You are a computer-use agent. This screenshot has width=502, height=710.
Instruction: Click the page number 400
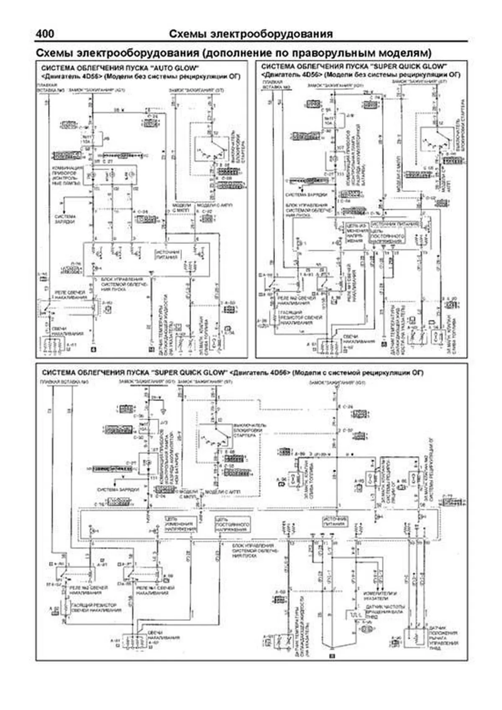point(45,34)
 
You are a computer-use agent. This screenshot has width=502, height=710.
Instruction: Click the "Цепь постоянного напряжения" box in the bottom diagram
point(232,524)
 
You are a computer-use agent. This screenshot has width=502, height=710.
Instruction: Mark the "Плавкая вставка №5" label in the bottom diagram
point(58,382)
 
